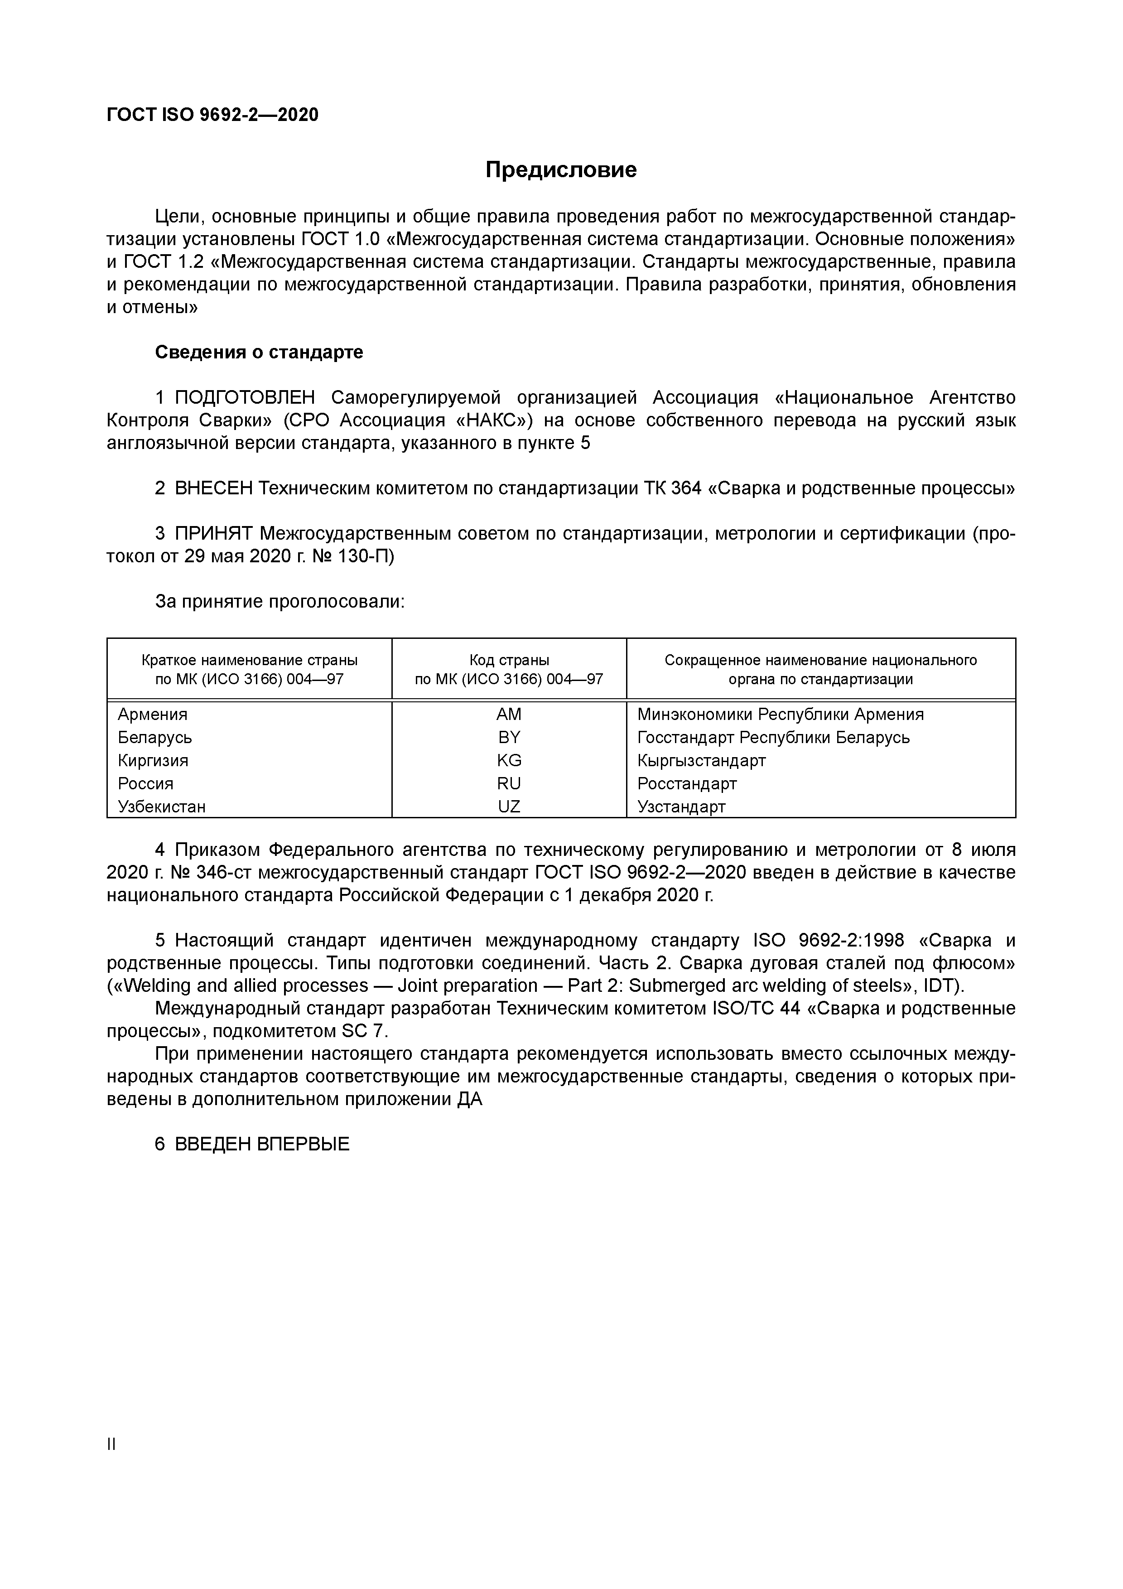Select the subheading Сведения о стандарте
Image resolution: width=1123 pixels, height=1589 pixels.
(x=259, y=352)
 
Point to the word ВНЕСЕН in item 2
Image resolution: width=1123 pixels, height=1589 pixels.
(x=214, y=488)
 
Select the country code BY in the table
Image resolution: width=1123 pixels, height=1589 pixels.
(x=509, y=737)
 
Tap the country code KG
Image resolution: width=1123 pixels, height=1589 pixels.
(x=509, y=761)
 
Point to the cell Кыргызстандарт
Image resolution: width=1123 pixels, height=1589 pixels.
(x=701, y=761)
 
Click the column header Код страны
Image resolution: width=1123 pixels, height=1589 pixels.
(x=509, y=660)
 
